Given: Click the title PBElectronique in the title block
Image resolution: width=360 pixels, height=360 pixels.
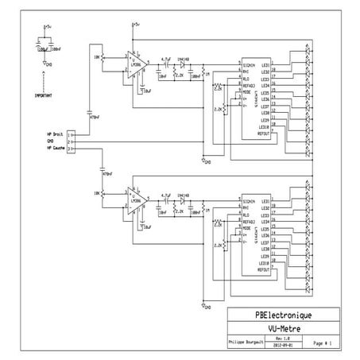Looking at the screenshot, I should coord(284,315).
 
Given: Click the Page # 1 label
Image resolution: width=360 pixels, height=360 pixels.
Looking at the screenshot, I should coord(322,343).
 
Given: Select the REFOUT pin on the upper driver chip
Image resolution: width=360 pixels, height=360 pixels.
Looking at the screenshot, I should coord(265,135).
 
